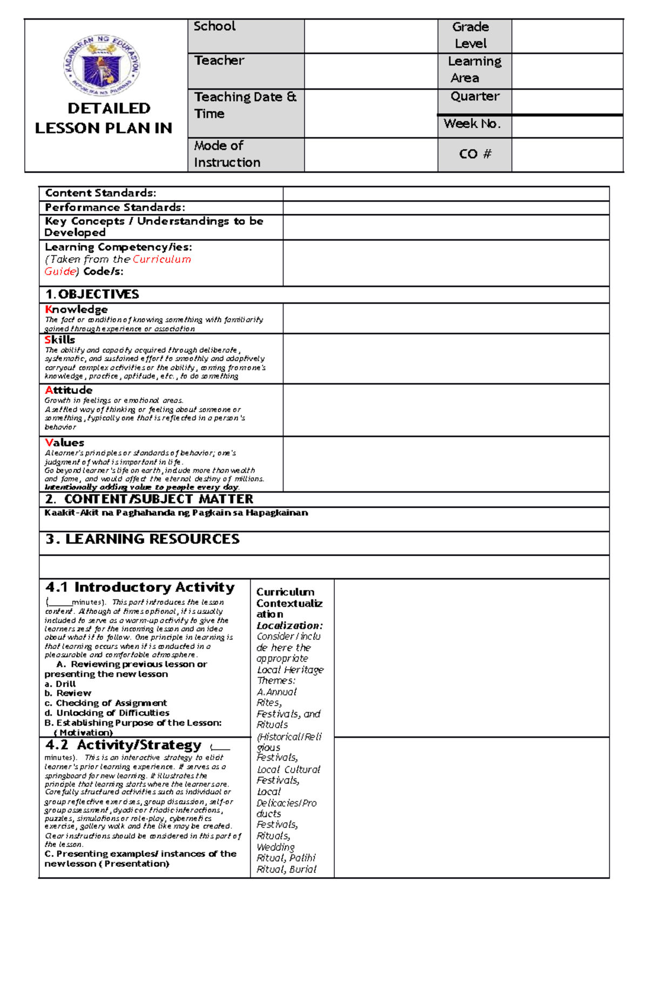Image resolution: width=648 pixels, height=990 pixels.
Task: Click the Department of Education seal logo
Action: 102,66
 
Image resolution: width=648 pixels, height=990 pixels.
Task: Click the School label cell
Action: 214,26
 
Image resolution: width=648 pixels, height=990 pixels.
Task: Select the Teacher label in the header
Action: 219,60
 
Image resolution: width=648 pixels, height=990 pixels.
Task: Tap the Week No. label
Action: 472,124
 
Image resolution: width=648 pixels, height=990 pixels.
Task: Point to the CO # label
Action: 475,154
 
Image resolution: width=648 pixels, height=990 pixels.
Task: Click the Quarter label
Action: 475,97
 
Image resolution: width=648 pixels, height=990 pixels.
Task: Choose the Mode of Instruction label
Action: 227,154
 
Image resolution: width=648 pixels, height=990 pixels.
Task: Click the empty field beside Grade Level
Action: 567,36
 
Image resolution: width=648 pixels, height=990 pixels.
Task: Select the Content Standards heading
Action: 100,193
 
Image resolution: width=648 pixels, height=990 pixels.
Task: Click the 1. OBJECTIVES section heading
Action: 92,295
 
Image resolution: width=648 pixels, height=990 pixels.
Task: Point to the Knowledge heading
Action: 76,310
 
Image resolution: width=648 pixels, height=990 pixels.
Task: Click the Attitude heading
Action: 69,390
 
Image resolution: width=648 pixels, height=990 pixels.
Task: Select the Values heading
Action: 64,443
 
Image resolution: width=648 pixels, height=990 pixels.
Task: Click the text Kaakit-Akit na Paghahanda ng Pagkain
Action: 176,513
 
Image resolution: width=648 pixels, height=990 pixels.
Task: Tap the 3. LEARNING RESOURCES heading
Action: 143,540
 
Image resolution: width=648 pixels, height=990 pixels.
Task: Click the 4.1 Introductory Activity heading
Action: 140,588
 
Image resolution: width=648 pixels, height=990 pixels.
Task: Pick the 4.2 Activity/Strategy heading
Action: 124,746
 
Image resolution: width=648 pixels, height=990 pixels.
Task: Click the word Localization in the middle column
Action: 289,626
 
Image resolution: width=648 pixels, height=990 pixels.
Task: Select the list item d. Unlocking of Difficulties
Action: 107,713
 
